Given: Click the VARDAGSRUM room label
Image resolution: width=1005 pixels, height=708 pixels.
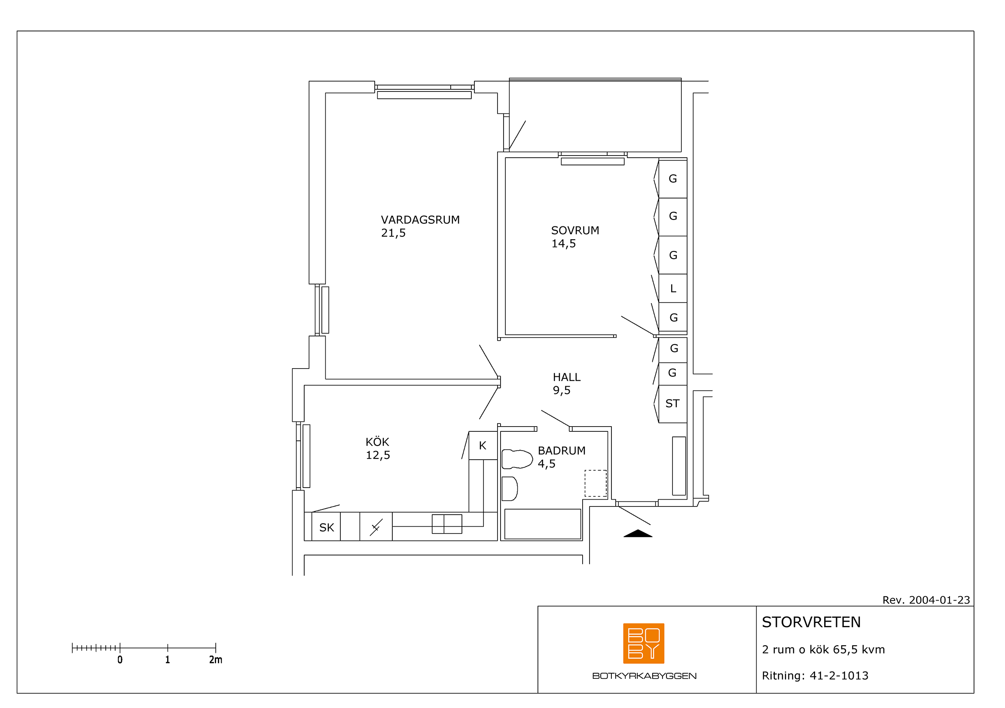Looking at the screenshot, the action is pos(420,220).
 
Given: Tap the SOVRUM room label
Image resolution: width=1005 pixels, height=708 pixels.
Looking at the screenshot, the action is pos(575,230).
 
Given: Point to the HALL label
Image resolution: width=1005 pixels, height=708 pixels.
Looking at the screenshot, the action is pos(567,377).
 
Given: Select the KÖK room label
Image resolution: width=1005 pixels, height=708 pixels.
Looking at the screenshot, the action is pos(377,442).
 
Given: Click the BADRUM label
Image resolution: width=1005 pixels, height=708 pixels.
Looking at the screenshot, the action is pos(562,451).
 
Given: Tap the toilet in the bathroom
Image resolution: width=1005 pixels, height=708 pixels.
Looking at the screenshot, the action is pos(517,459).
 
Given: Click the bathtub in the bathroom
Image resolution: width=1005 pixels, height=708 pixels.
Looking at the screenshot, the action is pos(542,524).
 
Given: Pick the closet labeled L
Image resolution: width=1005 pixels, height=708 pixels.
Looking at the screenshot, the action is pos(673,288).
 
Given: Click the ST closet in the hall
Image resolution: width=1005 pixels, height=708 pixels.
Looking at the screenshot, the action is pos(673,404).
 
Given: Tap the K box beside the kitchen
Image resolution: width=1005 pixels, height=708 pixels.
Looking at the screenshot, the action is pos(483,446).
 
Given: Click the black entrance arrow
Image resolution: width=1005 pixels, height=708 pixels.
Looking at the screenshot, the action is pos(638,534).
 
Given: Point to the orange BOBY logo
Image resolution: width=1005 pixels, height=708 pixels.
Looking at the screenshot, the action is pos(644,643).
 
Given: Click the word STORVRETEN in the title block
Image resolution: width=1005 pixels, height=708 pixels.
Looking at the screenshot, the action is pos(811,622).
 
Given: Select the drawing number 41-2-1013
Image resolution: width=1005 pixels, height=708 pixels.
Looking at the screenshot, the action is pos(839,676).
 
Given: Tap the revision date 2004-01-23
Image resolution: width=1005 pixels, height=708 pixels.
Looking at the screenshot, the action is pos(939,600).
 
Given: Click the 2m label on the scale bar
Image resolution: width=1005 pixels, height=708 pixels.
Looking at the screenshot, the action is pos(215,659).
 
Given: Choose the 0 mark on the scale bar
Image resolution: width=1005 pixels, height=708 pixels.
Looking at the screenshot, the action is pos(120,659).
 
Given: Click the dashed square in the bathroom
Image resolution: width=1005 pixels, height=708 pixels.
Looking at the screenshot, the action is pos(596,483).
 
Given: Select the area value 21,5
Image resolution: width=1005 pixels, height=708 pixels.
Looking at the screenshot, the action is pos(393,233).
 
